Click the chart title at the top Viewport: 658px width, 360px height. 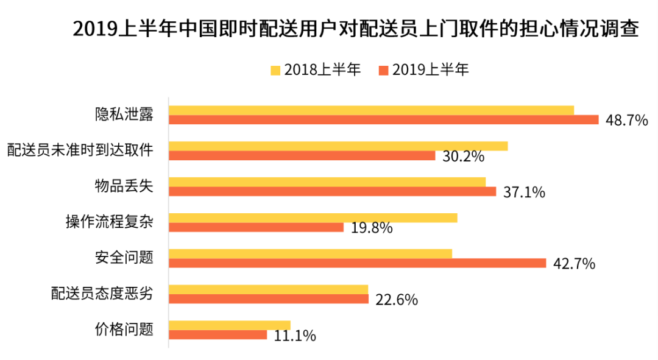point(356,29)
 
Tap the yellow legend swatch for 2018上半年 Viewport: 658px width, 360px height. point(275,69)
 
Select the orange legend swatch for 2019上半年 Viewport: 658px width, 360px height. point(383,69)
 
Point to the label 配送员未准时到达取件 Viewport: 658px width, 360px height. point(79,150)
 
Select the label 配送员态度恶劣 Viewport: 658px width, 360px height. point(101,294)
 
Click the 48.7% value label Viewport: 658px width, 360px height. point(626,121)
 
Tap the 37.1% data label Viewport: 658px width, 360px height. point(524,192)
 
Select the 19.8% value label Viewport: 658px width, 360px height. point(371,228)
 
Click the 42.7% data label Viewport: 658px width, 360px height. point(573,264)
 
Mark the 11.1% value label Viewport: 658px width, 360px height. point(295,336)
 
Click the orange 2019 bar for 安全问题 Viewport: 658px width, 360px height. point(357,263)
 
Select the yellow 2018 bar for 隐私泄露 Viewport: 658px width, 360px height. point(371,110)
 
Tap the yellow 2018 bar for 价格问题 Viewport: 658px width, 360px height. point(230,325)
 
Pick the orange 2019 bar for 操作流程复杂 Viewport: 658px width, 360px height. point(256,227)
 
